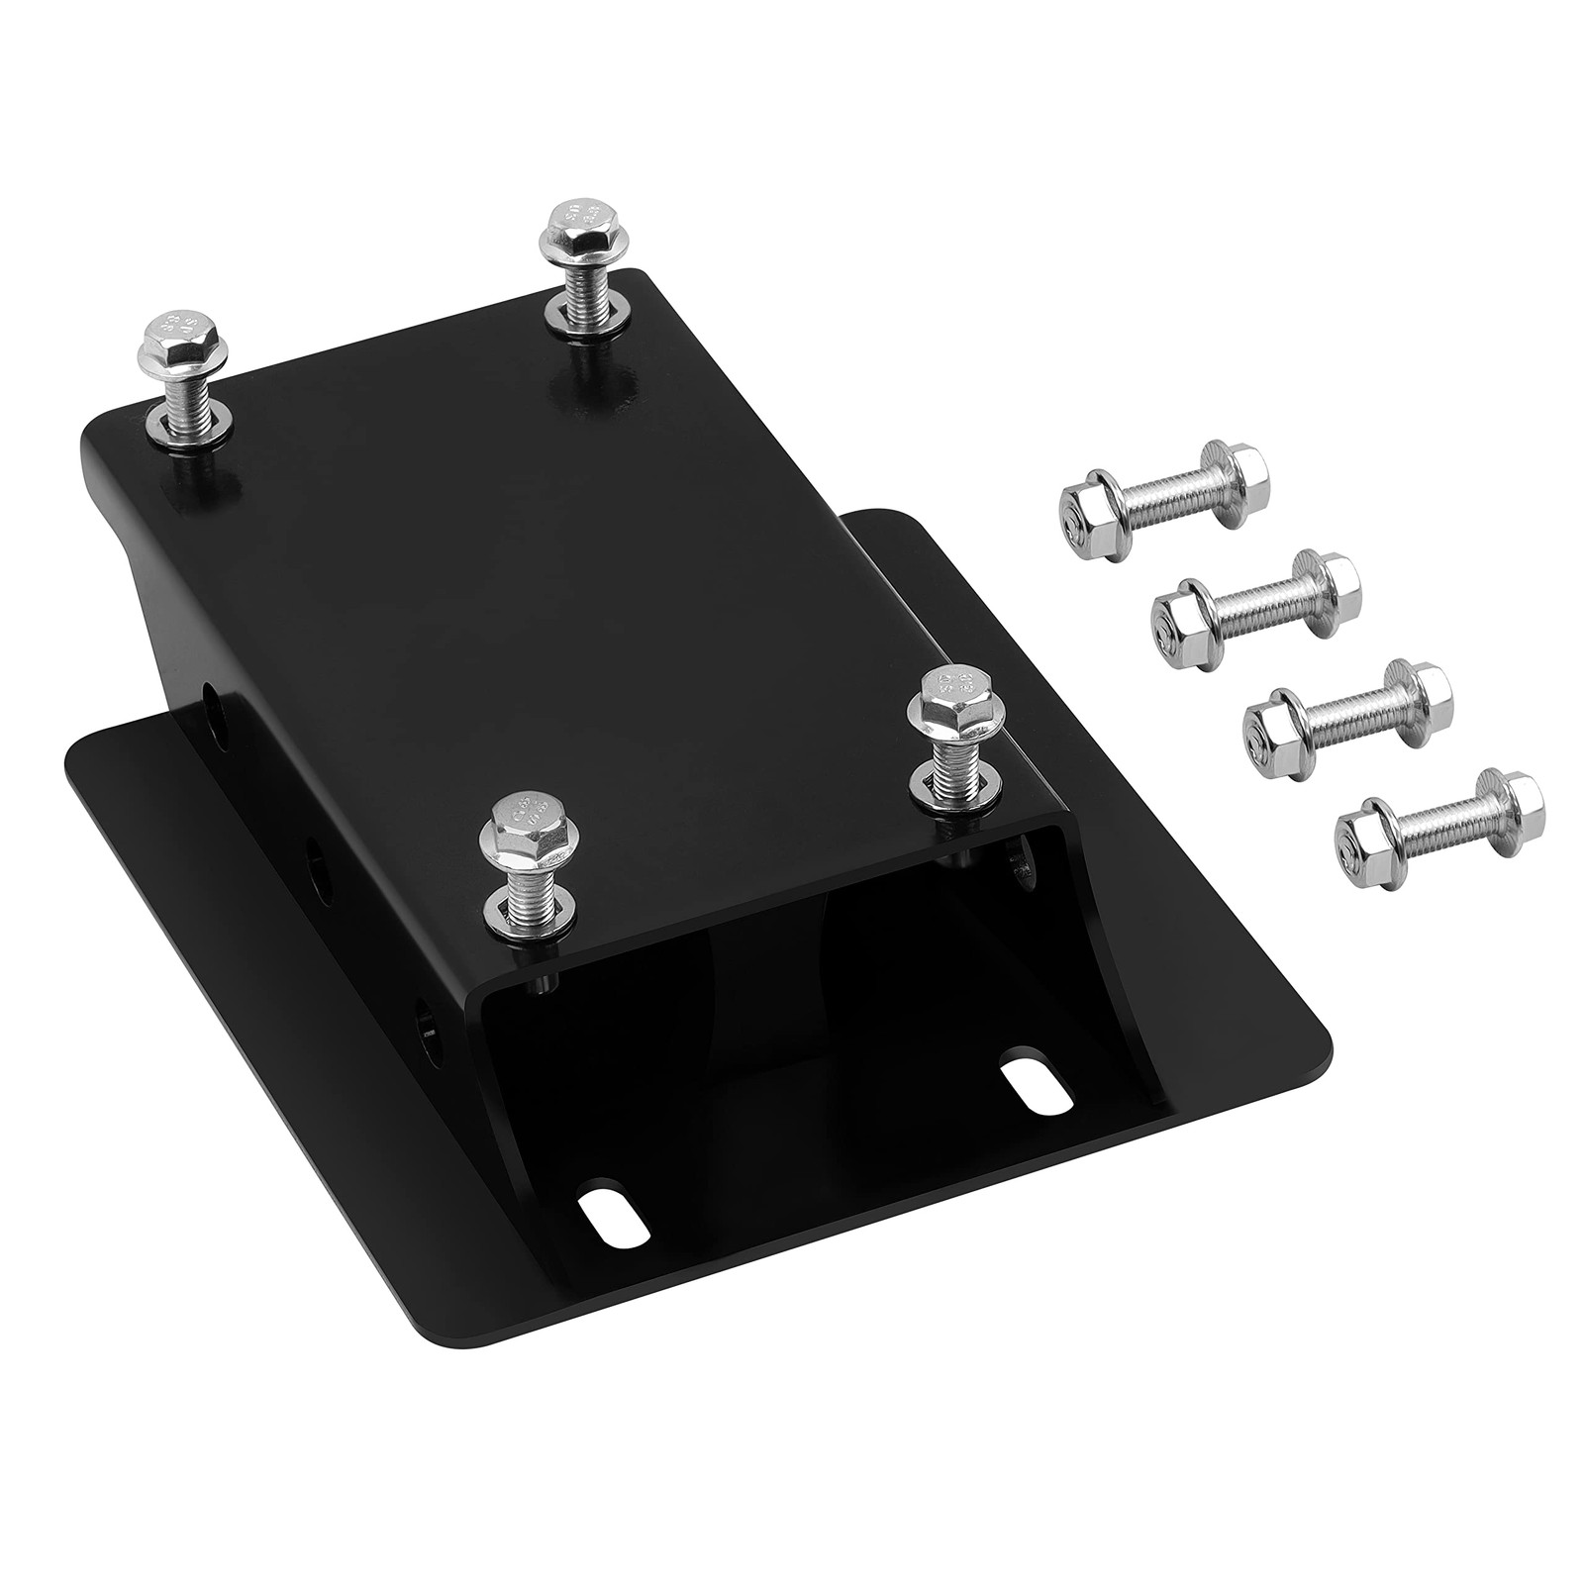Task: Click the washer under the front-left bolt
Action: (531, 909)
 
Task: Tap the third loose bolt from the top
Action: (1345, 699)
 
